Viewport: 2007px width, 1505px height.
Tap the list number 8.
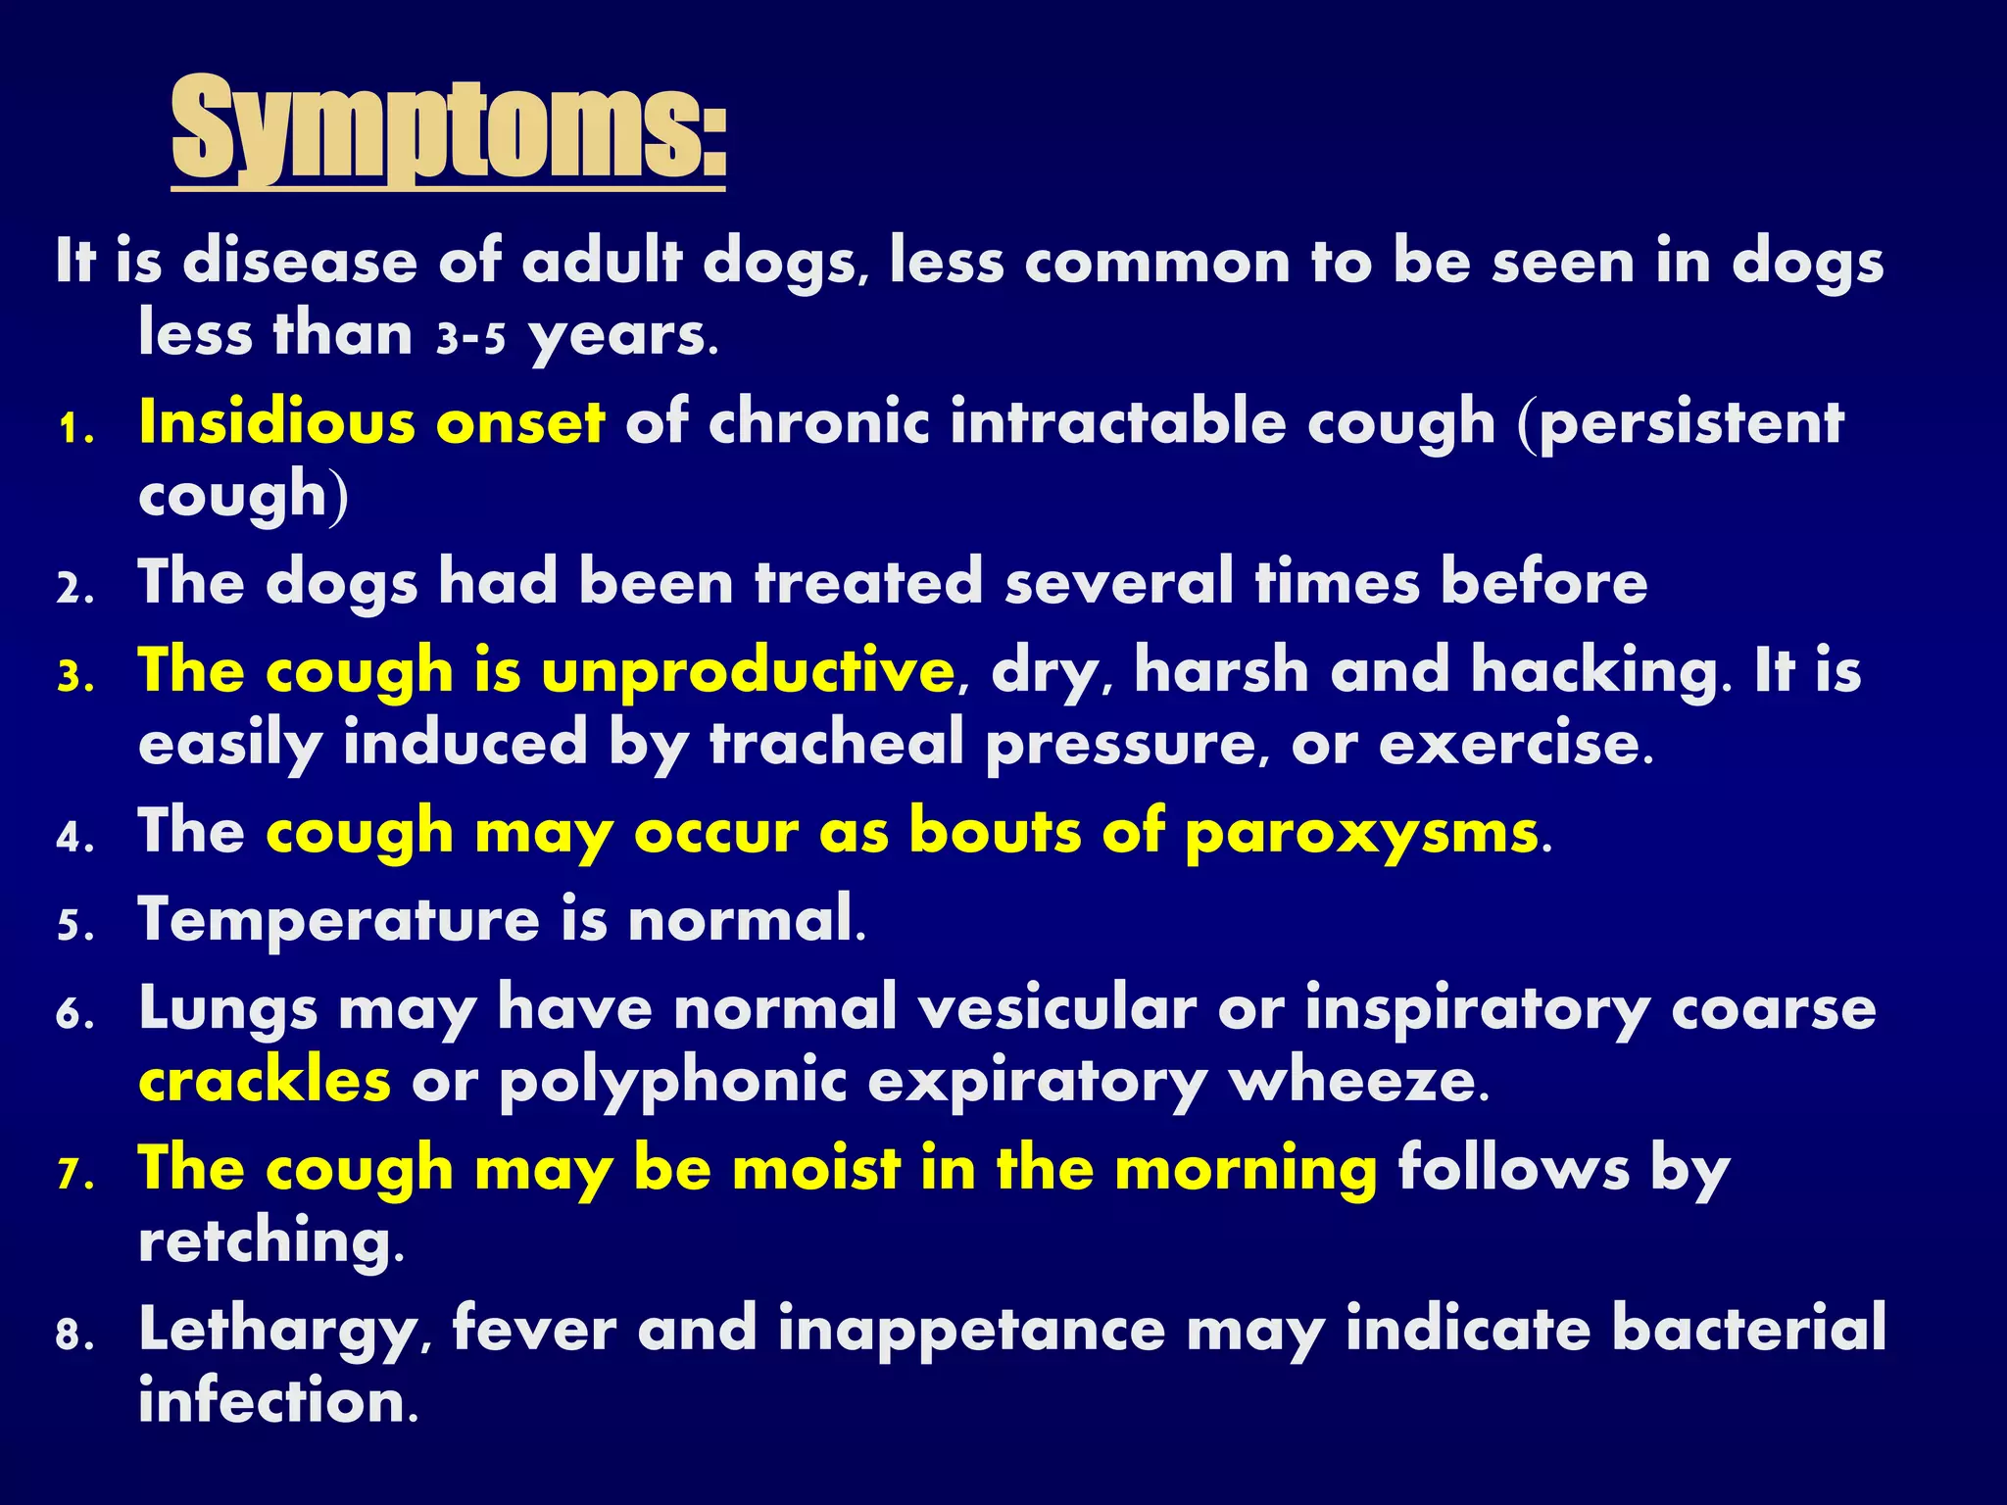click(x=74, y=1335)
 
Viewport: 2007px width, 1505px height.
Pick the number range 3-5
click(x=470, y=338)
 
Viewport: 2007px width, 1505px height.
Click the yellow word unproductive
click(x=748, y=672)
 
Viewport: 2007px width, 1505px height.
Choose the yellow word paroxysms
click(x=1361, y=833)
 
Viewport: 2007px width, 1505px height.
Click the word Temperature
click(x=339, y=920)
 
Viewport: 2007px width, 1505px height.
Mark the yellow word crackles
click(x=265, y=1081)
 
